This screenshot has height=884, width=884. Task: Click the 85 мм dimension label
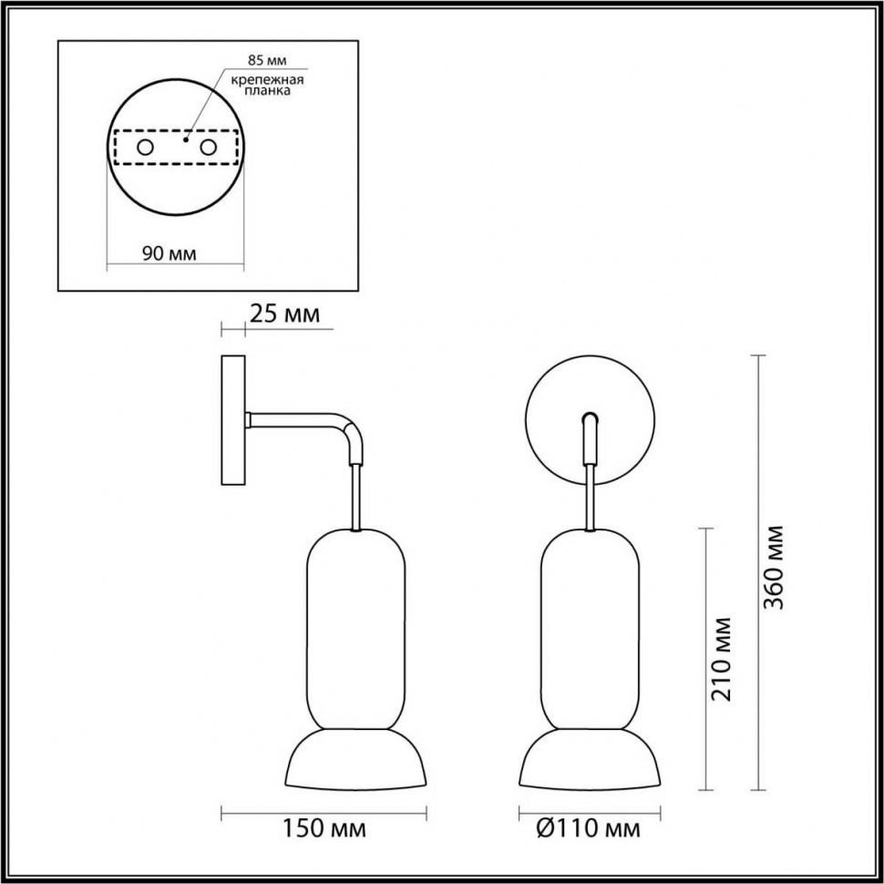[x=267, y=61]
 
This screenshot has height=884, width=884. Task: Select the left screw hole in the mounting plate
[x=144, y=147]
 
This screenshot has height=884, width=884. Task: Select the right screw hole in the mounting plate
[x=209, y=147]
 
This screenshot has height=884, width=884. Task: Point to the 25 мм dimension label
[x=283, y=314]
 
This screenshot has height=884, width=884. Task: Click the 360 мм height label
[x=776, y=567]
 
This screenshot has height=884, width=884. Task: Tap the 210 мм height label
[x=724, y=658]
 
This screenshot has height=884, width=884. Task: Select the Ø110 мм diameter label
[x=588, y=829]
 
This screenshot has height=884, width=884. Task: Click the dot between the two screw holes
[x=185, y=141]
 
